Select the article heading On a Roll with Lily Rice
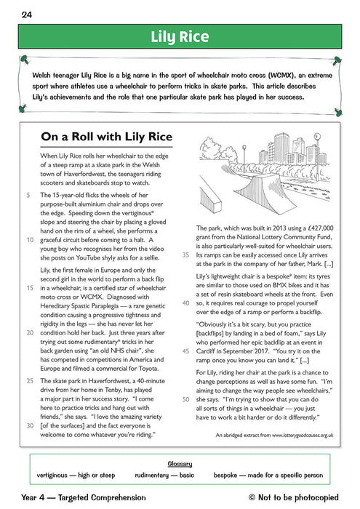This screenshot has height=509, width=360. click(108, 136)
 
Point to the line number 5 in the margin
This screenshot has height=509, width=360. click(28, 196)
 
